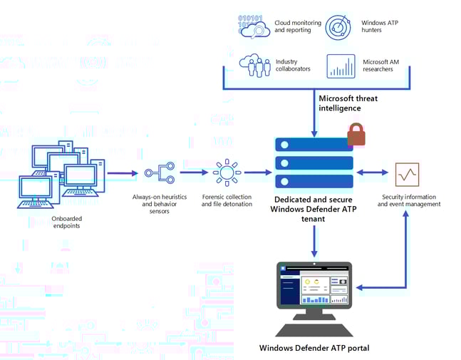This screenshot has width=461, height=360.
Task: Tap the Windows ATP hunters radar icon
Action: (x=340, y=27)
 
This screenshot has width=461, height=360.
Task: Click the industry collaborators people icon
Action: (x=254, y=66)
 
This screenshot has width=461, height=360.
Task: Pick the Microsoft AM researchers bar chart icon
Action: (x=341, y=66)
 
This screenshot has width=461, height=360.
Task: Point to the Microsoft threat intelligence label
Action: (x=349, y=103)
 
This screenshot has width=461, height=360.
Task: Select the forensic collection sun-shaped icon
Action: (x=227, y=173)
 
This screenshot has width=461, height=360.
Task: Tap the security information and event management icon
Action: (x=407, y=173)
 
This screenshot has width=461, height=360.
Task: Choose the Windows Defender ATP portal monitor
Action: (x=314, y=291)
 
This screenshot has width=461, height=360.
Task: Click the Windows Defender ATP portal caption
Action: (x=314, y=348)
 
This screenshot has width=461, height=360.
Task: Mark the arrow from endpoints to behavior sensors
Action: (x=123, y=173)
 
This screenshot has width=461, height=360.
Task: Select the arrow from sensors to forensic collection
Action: (x=193, y=173)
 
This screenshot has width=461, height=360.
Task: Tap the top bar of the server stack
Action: (x=314, y=145)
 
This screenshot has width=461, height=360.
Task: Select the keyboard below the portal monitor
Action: (x=314, y=331)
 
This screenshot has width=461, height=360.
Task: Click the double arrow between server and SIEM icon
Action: (x=371, y=173)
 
